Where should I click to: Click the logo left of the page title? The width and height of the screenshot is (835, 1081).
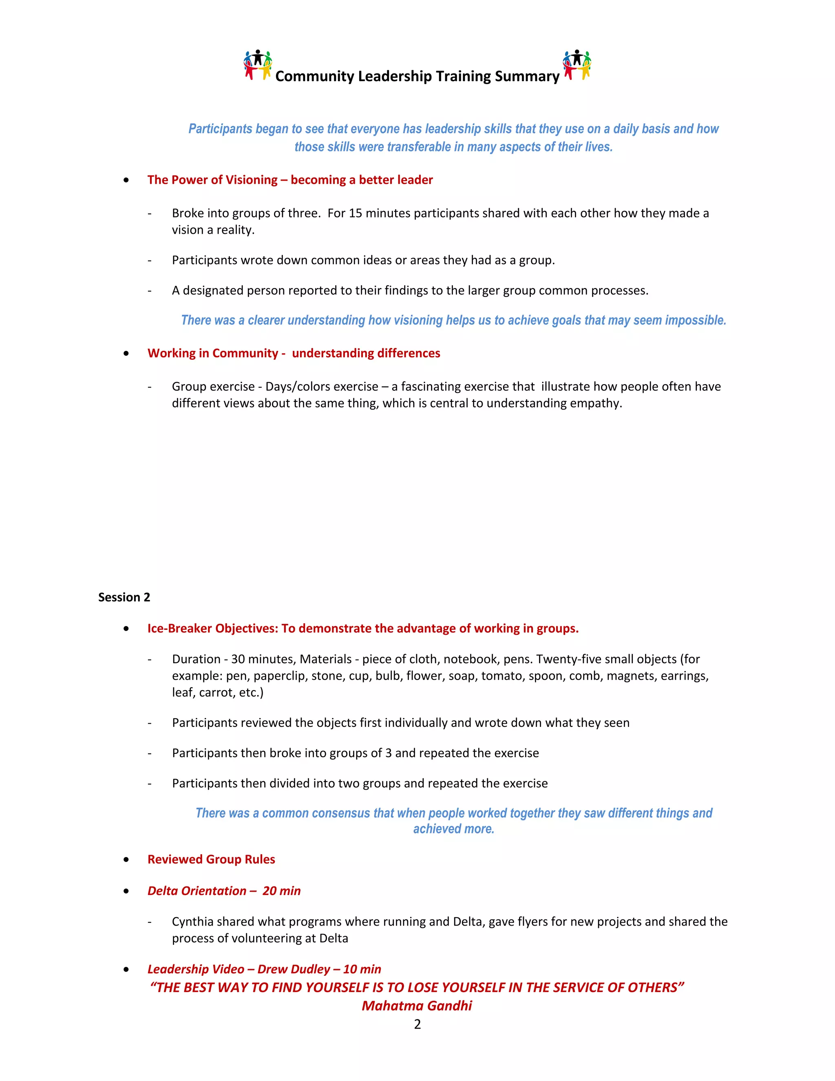[257, 65]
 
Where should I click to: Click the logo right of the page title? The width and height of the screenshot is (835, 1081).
[577, 65]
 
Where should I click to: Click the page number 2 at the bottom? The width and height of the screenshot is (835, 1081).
[417, 1024]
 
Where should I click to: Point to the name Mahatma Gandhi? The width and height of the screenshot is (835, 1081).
[417, 1006]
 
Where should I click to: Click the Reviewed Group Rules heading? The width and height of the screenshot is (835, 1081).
[211, 859]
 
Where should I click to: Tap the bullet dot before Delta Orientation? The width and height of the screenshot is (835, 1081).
[127, 891]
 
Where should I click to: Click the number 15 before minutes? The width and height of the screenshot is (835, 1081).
[355, 213]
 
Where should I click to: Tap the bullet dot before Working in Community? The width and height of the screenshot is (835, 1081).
[127, 353]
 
